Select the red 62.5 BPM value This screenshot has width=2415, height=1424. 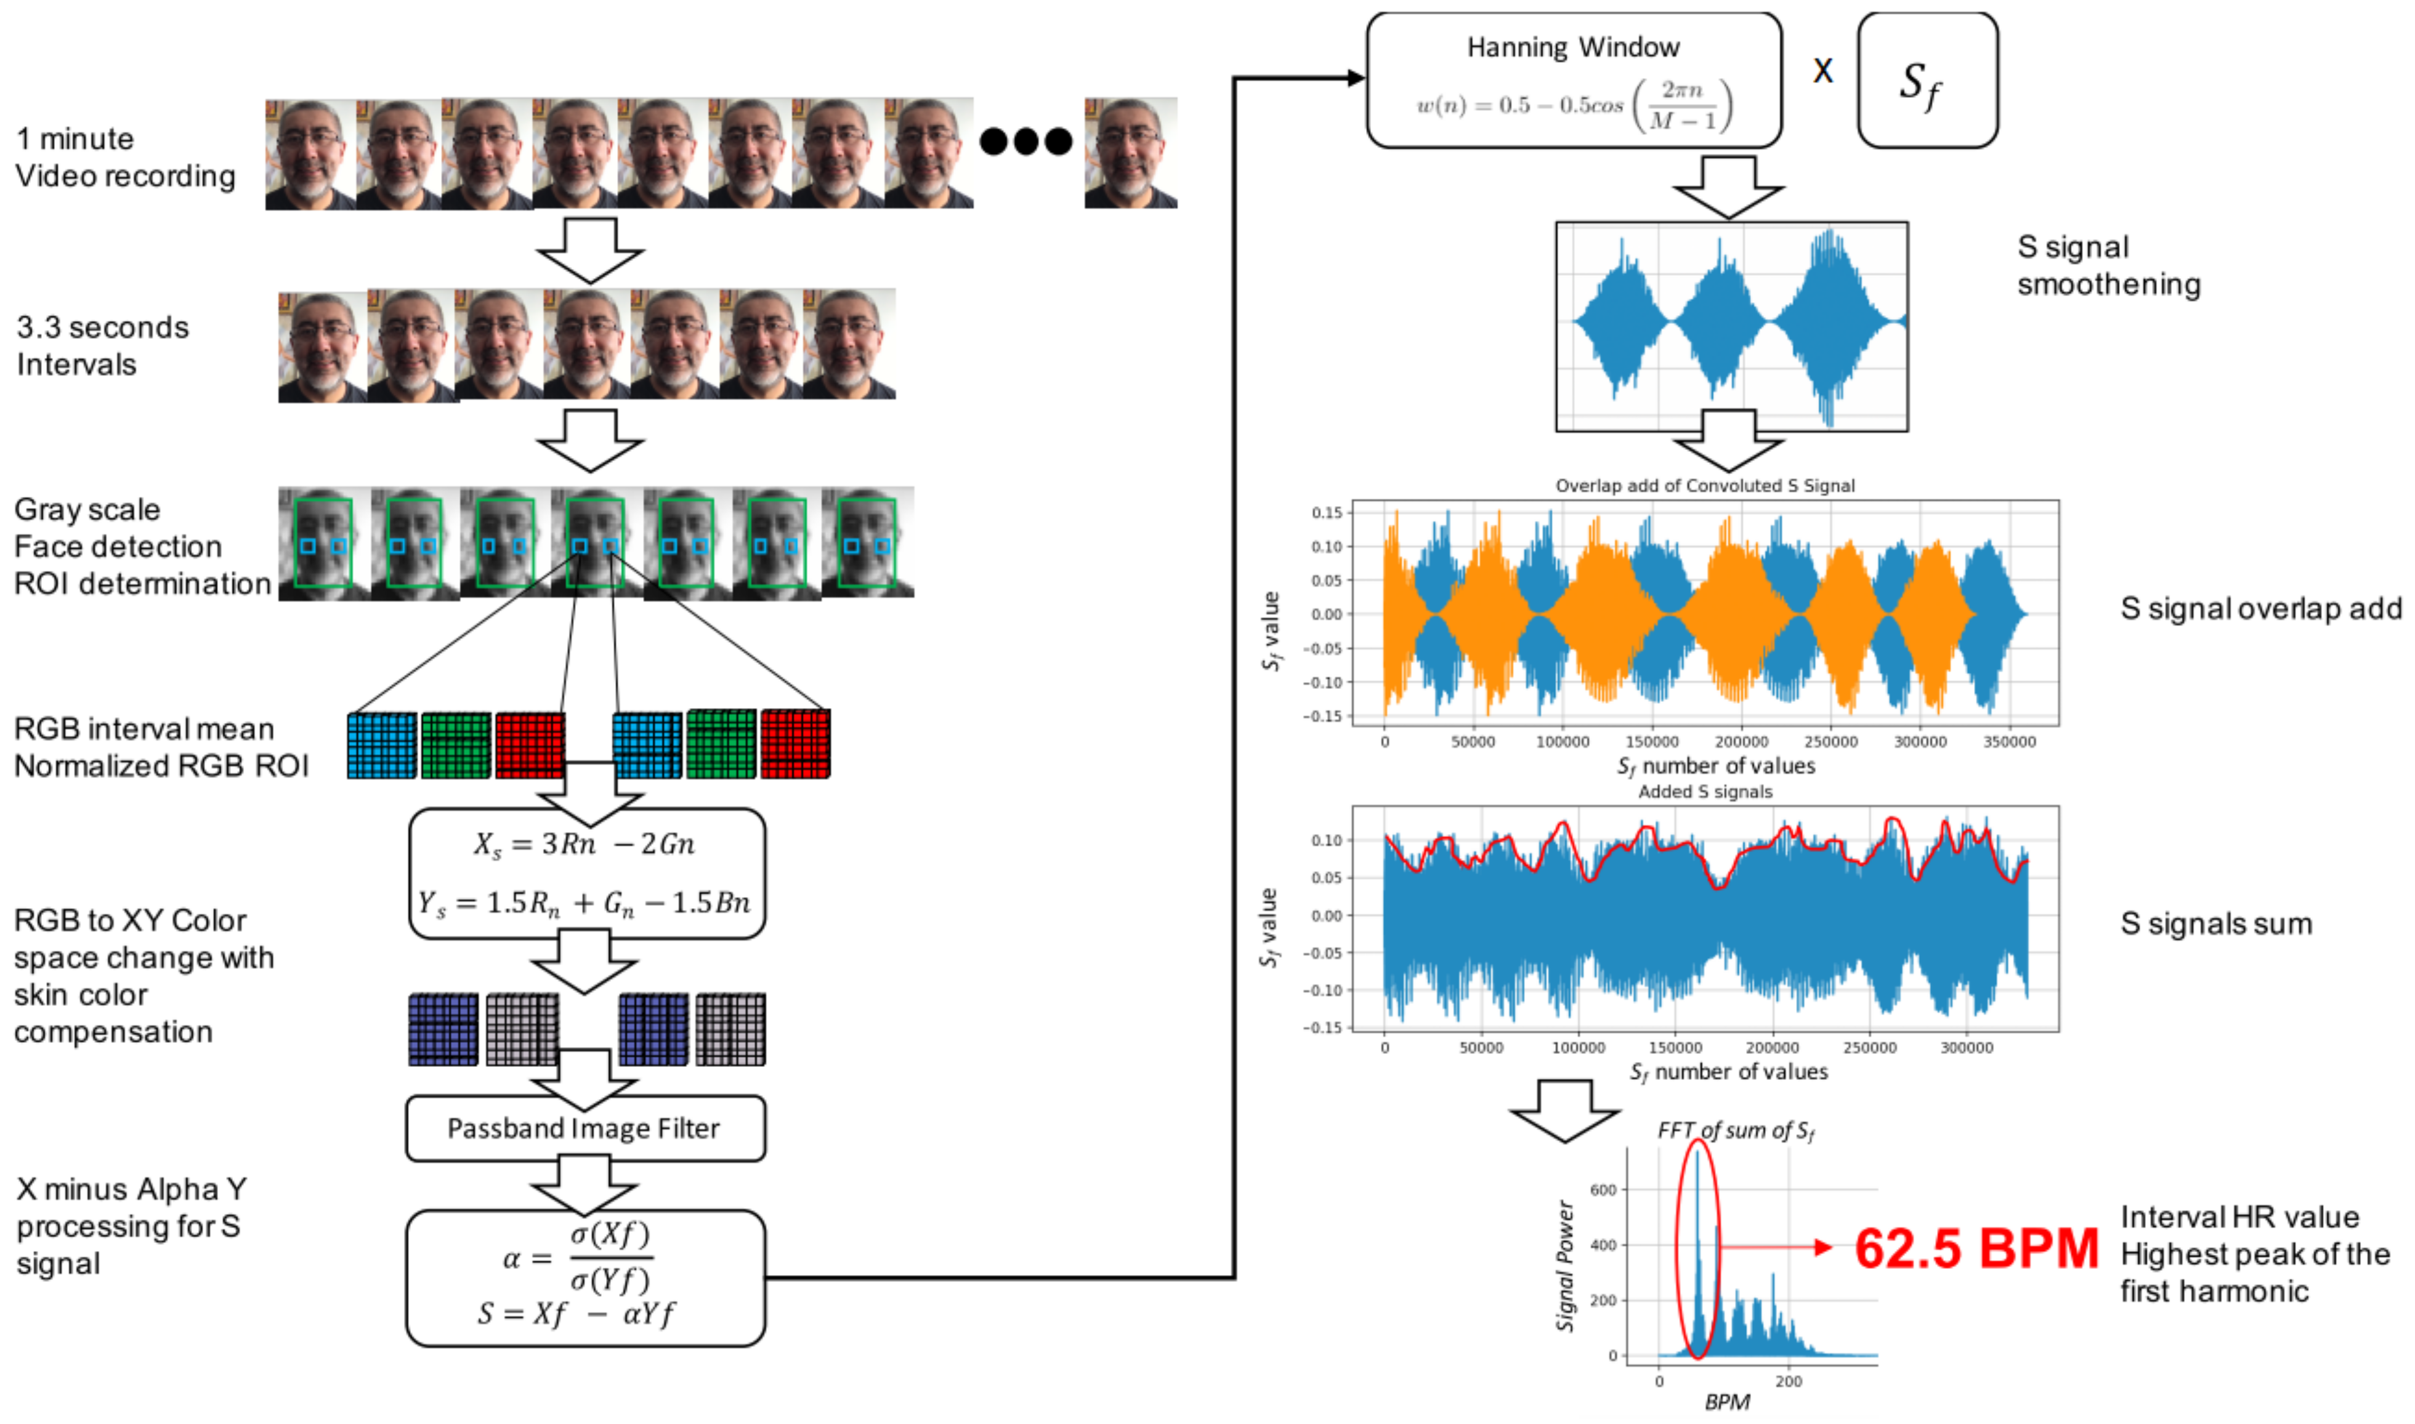click(1975, 1249)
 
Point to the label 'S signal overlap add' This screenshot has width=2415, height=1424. click(2260, 608)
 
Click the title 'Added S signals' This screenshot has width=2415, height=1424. click(1705, 792)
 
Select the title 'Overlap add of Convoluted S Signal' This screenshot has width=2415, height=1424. click(1705, 486)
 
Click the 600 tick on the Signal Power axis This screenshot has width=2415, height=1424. click(1604, 1190)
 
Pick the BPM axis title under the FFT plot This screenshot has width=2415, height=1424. click(1727, 1402)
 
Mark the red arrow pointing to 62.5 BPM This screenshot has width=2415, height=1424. click(1776, 1247)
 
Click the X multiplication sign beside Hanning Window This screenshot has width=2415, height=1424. click(1822, 70)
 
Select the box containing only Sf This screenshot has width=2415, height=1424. click(1927, 81)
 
